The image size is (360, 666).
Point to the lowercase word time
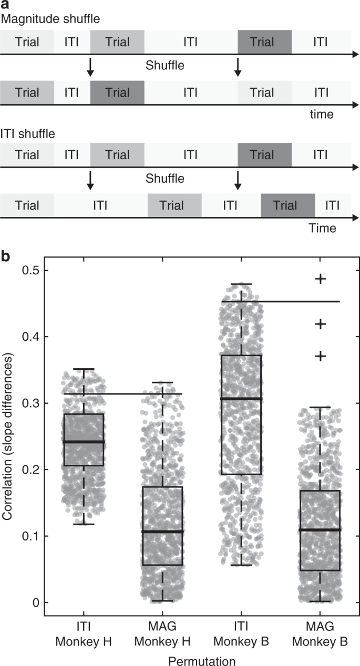322,114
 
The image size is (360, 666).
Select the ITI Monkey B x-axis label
241,632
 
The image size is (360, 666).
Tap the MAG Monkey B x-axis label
320,632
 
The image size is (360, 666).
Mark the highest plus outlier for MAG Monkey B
320,279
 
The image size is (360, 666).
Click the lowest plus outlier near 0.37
320,356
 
